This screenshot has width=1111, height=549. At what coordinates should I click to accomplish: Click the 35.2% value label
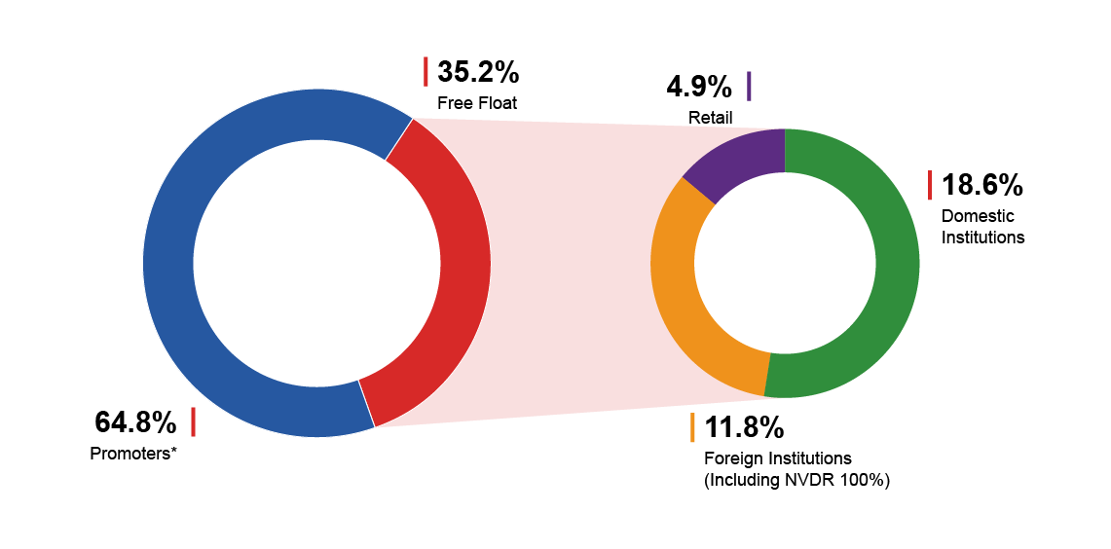pos(478,72)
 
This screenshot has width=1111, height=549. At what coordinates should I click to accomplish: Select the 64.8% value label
pos(135,422)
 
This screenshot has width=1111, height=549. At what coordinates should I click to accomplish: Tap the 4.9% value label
pos(698,88)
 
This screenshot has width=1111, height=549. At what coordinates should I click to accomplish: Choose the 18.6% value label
pos(982,186)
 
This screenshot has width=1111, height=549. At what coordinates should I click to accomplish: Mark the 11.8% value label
pos(744,428)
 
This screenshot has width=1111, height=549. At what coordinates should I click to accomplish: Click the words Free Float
pos(477,103)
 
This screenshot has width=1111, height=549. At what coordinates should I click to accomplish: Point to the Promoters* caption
pos(133,454)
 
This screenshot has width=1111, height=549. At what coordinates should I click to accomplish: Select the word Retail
pos(710,118)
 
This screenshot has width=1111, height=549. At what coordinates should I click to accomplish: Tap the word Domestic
pos(977,216)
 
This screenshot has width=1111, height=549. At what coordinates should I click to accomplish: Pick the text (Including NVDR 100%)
pos(796,480)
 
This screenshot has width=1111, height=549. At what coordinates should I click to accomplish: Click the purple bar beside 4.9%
pos(749,87)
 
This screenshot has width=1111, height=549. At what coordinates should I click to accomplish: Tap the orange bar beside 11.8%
pos(692,427)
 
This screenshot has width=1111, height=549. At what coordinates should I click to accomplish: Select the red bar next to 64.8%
pos(193,422)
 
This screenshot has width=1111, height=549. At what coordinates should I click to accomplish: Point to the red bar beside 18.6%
pos(930,186)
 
